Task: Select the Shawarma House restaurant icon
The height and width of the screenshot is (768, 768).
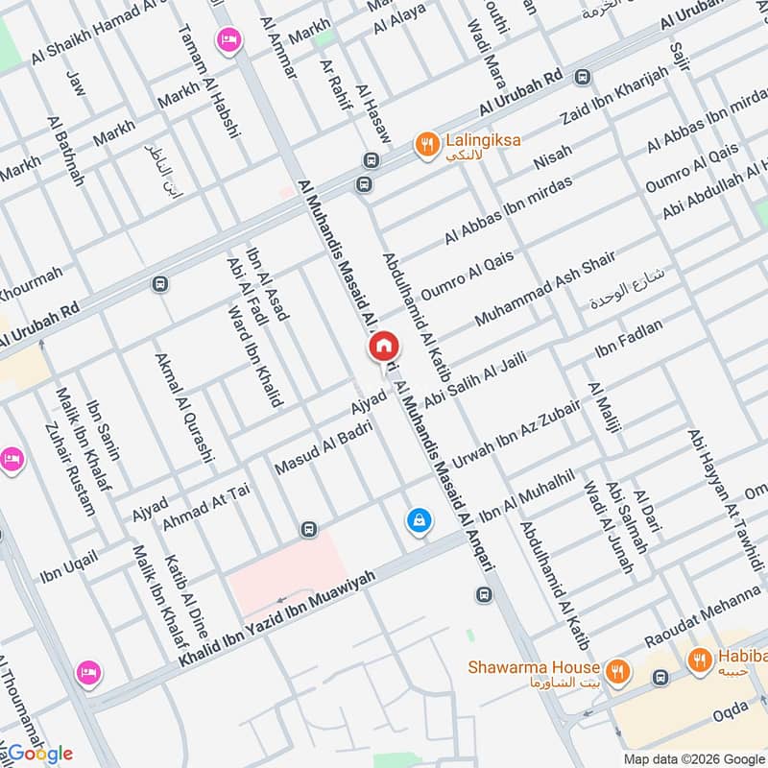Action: [619, 670]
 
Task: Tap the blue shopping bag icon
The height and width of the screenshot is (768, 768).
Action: [419, 520]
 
